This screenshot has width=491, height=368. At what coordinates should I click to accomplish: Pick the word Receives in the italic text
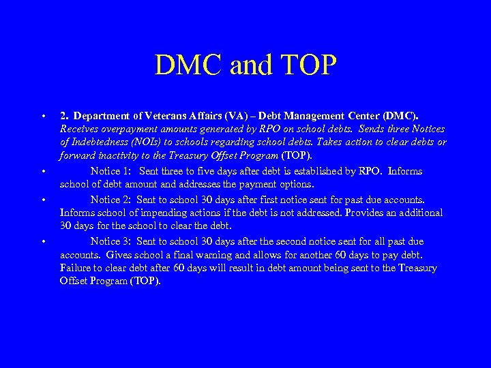78,129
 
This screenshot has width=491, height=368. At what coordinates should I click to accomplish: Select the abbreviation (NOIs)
149,142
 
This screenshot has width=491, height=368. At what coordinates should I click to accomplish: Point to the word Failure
74,268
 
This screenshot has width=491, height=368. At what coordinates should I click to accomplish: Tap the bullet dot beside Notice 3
43,242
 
